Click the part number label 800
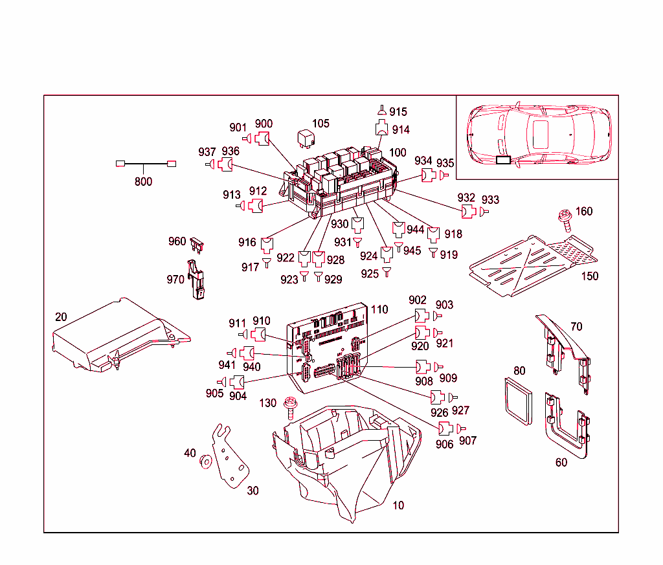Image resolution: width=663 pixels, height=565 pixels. (143, 182)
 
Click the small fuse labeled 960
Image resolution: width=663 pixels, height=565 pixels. (198, 245)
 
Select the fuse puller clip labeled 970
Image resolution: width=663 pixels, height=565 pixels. (196, 280)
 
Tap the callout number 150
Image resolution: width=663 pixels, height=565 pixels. (589, 276)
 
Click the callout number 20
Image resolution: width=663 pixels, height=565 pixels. (61, 317)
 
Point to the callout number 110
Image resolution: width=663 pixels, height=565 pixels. (379, 310)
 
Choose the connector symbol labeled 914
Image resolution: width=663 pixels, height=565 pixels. (381, 129)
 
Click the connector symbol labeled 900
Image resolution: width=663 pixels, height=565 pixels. (262, 138)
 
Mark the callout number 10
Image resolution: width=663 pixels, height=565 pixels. (398, 505)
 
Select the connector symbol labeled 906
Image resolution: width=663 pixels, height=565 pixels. (445, 428)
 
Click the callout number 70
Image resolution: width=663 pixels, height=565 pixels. (576, 327)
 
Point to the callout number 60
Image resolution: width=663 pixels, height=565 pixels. (561, 463)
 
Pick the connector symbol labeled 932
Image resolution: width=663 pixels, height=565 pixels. (468, 211)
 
